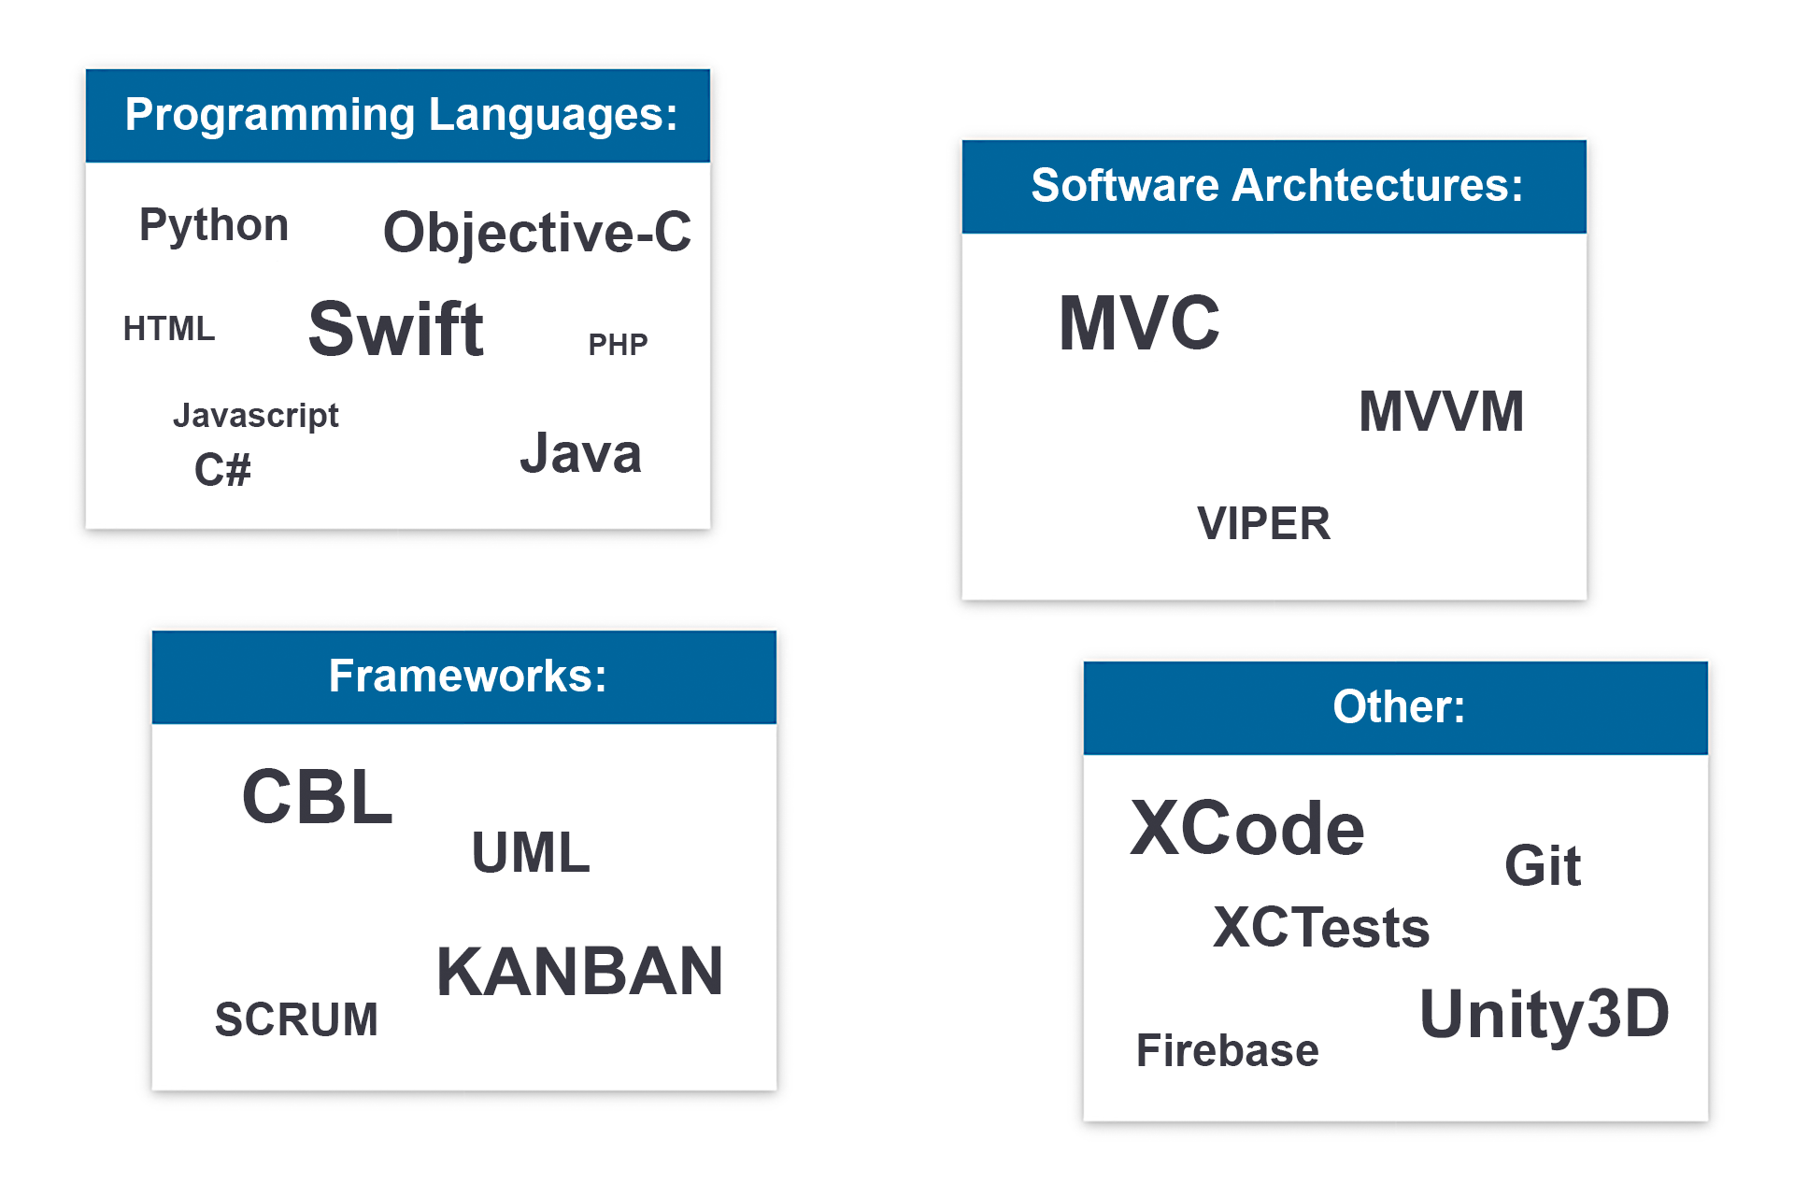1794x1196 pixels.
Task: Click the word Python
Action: pyautogui.click(x=214, y=226)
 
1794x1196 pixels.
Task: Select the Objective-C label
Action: pyautogui.click(x=537, y=233)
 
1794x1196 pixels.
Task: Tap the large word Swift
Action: pyautogui.click(x=396, y=329)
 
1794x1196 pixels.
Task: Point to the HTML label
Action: pyautogui.click(x=169, y=329)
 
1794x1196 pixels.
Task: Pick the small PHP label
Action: pyautogui.click(x=618, y=345)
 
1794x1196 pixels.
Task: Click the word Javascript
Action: pyautogui.click(x=256, y=416)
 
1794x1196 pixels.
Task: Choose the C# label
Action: pyautogui.click(x=222, y=469)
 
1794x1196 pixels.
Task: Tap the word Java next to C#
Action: pyautogui.click(x=580, y=454)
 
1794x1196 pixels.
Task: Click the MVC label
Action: pyautogui.click(x=1139, y=322)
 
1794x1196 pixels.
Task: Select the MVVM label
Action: pyautogui.click(x=1442, y=411)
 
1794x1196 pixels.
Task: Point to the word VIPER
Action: pyautogui.click(x=1263, y=523)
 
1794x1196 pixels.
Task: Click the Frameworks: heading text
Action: pyautogui.click(x=468, y=676)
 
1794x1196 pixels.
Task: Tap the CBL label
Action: pyautogui.click(x=318, y=797)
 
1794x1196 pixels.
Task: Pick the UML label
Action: pyautogui.click(x=531, y=852)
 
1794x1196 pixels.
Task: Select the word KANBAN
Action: pyautogui.click(x=579, y=972)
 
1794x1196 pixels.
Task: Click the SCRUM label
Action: pyautogui.click(x=296, y=1019)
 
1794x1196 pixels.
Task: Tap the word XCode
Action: pyautogui.click(x=1247, y=828)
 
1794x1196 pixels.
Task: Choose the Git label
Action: pyautogui.click(x=1543, y=865)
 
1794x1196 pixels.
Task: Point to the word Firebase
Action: pyautogui.click(x=1227, y=1050)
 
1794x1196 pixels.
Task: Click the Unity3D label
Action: pyautogui.click(x=1545, y=1015)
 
